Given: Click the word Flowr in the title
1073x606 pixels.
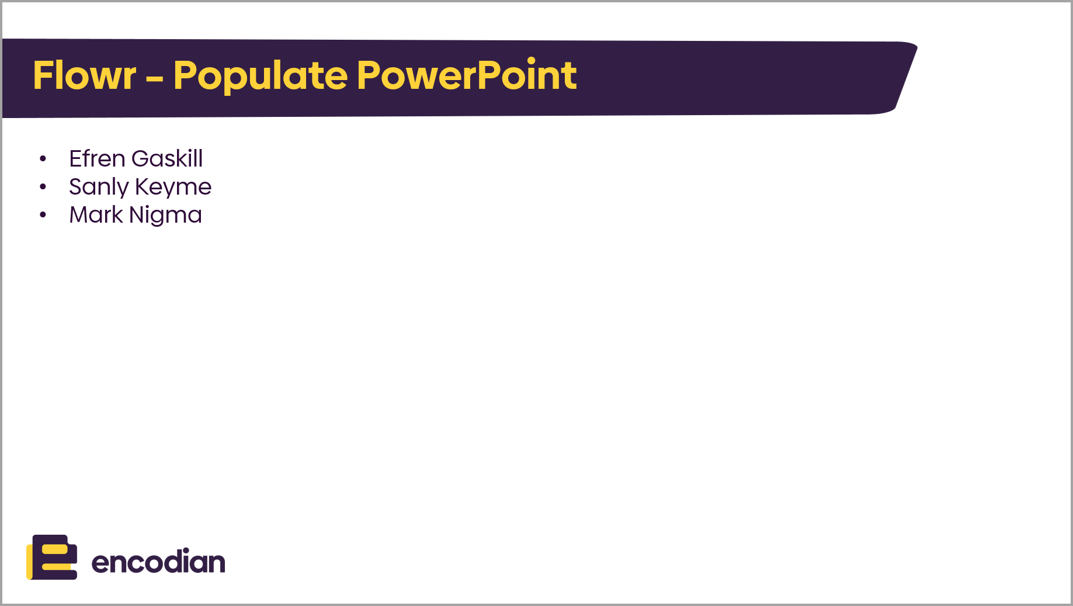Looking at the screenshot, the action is [85, 75].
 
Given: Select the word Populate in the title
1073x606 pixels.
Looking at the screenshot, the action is [261, 77].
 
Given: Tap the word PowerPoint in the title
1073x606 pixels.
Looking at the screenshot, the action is [467, 75].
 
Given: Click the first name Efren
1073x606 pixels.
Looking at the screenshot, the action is [97, 158].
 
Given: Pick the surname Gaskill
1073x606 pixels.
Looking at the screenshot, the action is [167, 158].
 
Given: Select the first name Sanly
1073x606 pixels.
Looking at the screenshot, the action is [99, 188].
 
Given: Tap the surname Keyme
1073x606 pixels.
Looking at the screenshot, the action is [173, 188].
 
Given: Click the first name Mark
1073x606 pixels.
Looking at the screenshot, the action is [96, 214].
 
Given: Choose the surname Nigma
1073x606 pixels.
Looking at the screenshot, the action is [165, 216].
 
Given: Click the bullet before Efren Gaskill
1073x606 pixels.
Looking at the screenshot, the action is [43, 158].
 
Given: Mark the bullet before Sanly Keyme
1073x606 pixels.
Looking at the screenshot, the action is [43, 186].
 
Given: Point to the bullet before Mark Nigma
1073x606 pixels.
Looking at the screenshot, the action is [43, 214].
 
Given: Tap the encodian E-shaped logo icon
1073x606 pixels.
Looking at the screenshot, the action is [52, 557].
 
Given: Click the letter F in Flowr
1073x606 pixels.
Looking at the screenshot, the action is [43, 75].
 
